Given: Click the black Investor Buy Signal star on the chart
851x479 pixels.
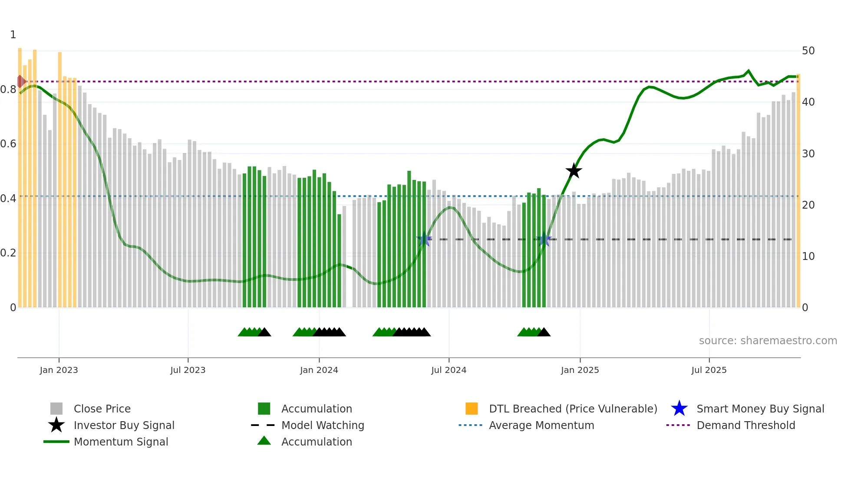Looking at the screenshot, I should (x=574, y=171).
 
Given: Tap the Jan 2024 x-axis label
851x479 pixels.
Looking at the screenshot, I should (x=319, y=370).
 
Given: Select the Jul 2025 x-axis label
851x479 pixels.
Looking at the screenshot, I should (x=709, y=370).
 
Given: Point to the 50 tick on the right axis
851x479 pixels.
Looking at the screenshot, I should (x=808, y=51).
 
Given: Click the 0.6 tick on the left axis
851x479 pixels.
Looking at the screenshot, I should (x=8, y=144).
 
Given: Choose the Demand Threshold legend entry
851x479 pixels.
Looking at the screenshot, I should (x=745, y=425).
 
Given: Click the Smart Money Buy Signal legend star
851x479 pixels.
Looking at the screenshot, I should (x=679, y=409).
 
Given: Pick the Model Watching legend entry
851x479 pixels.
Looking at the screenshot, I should (x=323, y=425).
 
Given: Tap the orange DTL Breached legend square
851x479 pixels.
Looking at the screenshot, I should (x=472, y=409).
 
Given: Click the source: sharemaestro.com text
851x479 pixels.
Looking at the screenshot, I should (x=768, y=341).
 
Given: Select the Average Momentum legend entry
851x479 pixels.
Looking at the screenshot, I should (x=541, y=425).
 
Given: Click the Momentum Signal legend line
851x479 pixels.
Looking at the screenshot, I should (x=56, y=442).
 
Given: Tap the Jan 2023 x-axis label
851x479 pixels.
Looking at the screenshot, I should (x=59, y=370).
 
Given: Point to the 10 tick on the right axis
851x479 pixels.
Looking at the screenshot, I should (x=808, y=256).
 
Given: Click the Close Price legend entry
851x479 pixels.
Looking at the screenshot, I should (x=102, y=409).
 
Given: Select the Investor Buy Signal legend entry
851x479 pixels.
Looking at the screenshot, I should (x=124, y=425).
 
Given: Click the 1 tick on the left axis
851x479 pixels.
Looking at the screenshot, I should (x=13, y=35).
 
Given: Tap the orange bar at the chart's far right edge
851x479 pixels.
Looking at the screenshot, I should (x=798, y=191).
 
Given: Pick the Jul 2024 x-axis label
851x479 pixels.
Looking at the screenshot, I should (x=449, y=370).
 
